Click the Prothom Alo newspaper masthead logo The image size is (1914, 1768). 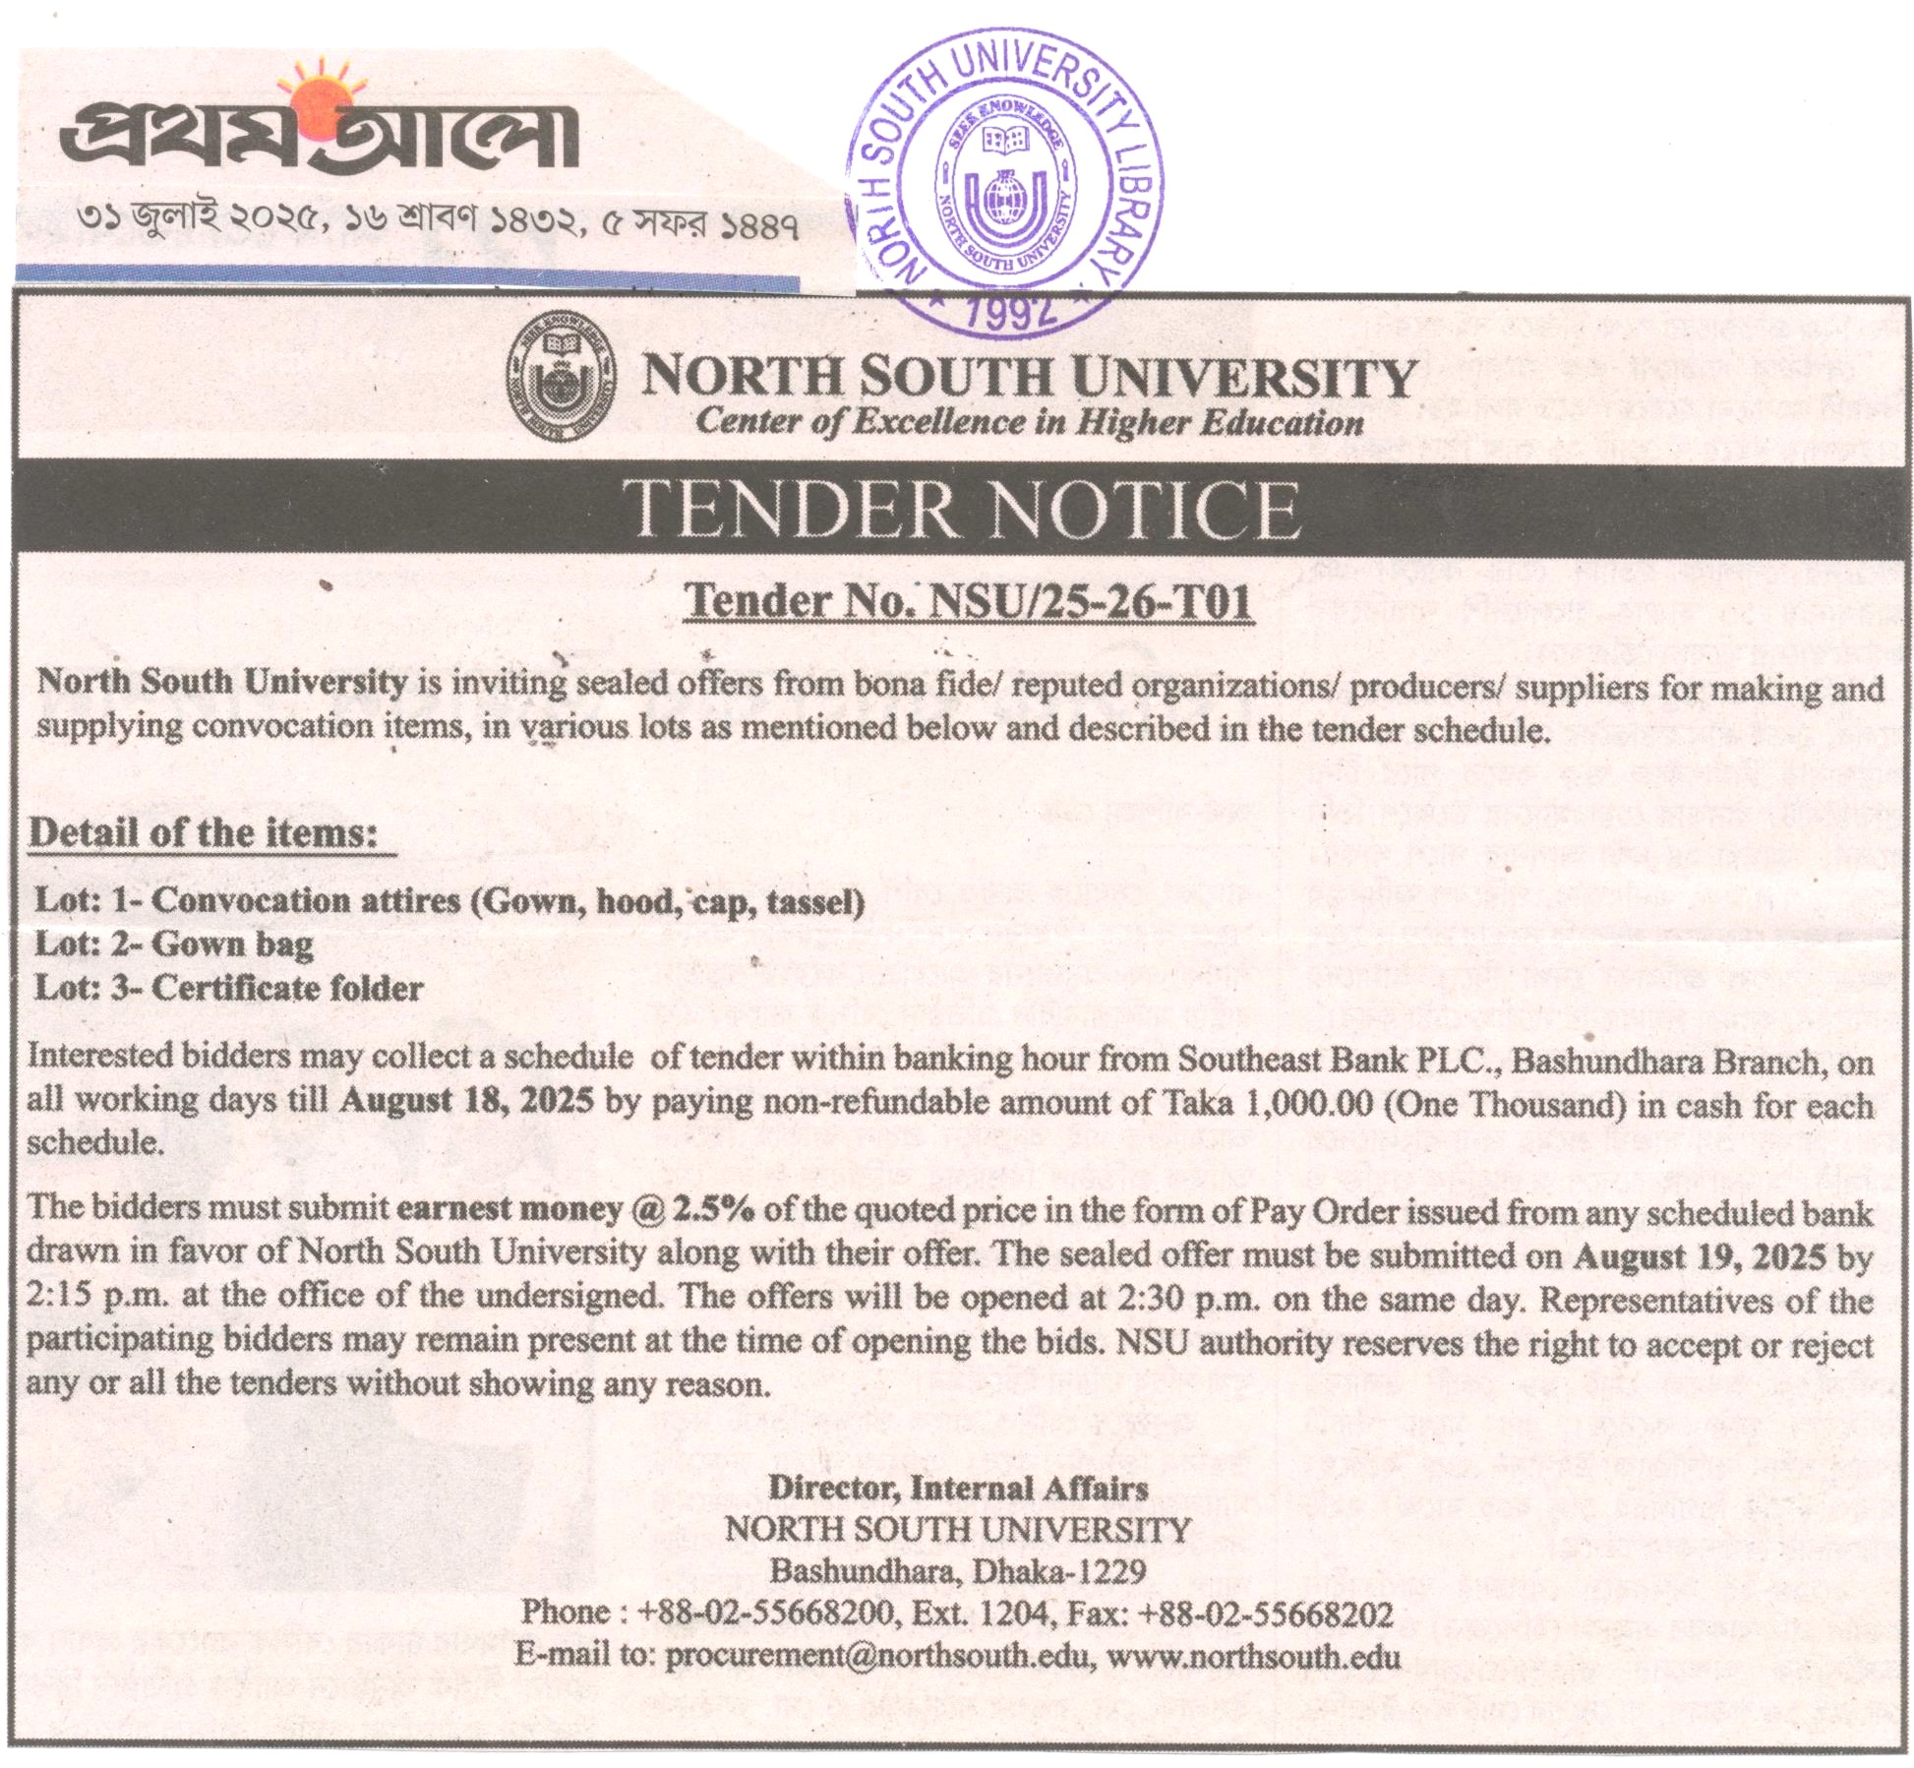320,138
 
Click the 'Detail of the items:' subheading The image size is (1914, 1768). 205,834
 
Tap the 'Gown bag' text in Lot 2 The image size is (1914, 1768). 233,945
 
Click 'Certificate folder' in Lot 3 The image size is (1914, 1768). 287,988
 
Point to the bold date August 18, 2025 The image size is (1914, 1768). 466,1100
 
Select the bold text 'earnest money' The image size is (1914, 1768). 508,1208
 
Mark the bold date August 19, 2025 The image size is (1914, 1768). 1700,1256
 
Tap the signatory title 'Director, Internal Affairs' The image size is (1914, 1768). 958,1487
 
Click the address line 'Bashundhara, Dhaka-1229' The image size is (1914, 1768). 958,1570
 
